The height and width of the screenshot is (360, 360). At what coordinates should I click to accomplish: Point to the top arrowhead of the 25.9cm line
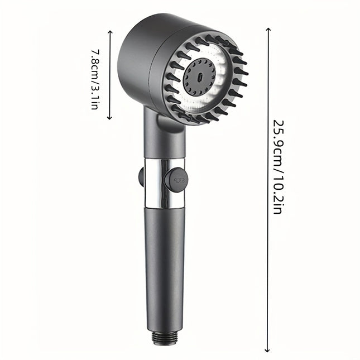click(x=268, y=29)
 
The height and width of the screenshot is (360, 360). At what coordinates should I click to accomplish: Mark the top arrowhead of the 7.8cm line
click(x=110, y=35)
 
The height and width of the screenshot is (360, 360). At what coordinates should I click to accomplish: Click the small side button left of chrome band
click(x=141, y=177)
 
